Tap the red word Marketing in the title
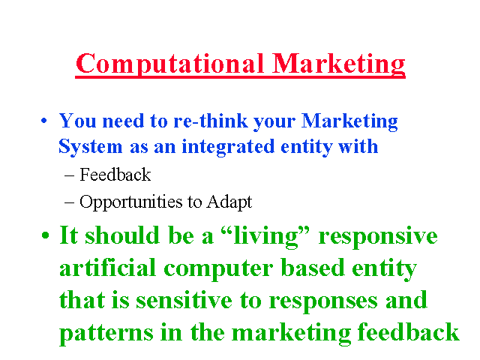(338, 64)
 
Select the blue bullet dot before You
(44, 121)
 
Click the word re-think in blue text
(211, 121)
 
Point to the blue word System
(90, 147)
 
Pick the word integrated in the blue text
(228, 147)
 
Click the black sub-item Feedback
(115, 175)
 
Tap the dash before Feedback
(70, 176)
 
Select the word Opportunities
(131, 202)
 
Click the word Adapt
(229, 202)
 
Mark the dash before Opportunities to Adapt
(70, 203)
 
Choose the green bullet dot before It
(45, 235)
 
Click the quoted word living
(265, 236)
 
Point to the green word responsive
(378, 237)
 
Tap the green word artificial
(107, 267)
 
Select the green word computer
(218, 269)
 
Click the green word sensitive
(184, 300)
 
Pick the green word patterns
(106, 333)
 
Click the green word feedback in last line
(408, 331)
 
